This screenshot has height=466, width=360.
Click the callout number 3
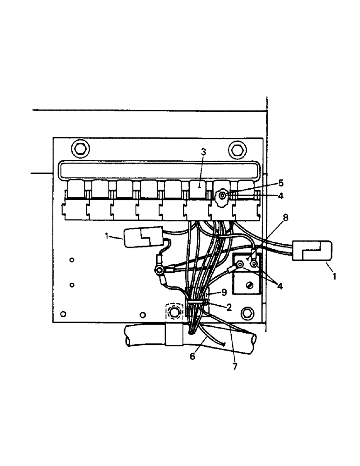click(203, 152)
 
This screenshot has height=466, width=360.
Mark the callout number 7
click(235, 367)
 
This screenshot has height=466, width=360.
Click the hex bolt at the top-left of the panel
click(80, 149)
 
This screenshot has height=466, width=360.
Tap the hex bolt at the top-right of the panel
click(235, 150)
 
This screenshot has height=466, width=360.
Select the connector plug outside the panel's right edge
click(312, 252)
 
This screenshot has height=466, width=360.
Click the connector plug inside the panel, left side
click(142, 238)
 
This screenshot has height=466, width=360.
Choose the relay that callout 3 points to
click(199, 189)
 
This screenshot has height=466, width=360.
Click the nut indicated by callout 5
click(222, 196)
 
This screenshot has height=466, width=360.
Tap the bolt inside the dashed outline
click(174, 311)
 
